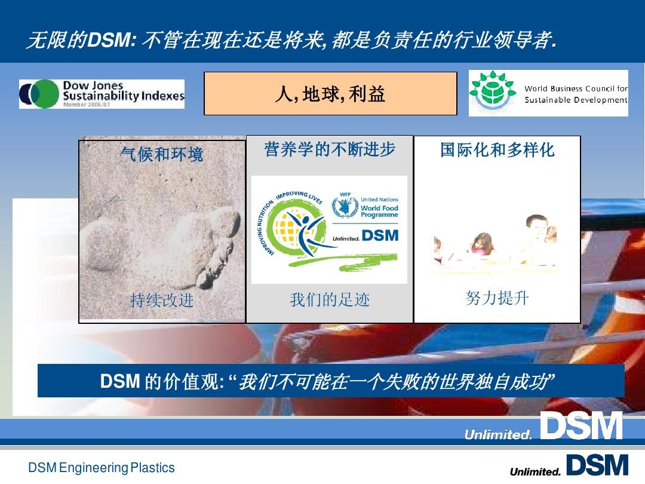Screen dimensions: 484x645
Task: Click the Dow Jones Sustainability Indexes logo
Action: tap(102, 94)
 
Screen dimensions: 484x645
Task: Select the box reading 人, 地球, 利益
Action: tap(330, 94)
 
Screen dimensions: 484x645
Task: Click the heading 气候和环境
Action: tap(162, 155)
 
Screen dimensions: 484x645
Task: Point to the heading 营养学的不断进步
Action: tap(330, 150)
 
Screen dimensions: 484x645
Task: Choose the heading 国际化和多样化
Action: tap(497, 150)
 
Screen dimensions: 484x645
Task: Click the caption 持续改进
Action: tap(162, 300)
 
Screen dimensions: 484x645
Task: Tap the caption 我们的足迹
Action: tap(330, 299)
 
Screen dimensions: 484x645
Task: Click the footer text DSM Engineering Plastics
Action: tap(102, 467)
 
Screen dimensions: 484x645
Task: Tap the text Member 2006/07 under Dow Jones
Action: tap(87, 105)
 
